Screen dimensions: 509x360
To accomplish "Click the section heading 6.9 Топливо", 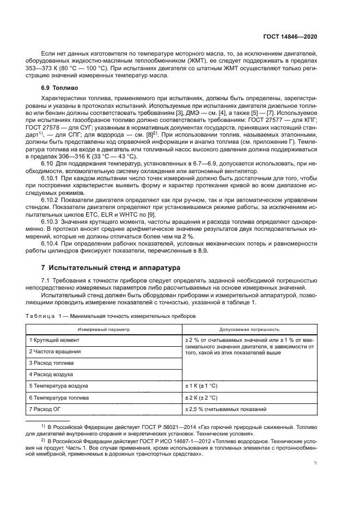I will (x=60, y=87).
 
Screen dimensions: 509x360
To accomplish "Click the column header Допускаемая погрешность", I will (x=249, y=329).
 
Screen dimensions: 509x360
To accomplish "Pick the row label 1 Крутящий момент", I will (x=54, y=340).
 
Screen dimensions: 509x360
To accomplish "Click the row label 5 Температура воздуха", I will (x=59, y=386).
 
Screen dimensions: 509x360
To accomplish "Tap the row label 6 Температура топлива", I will (x=59, y=398).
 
